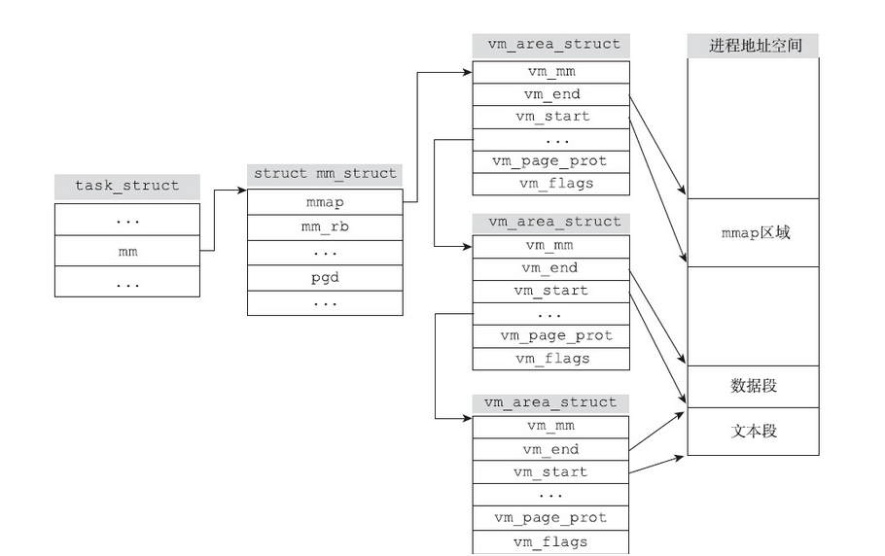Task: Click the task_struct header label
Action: point(127,186)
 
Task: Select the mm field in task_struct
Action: point(127,251)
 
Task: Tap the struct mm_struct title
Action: point(325,174)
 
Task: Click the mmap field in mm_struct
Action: point(325,202)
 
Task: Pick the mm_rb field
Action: point(325,227)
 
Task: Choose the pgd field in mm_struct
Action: point(325,277)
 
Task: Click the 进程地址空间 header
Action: point(753,45)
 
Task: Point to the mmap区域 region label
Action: point(753,232)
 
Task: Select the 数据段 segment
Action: point(753,386)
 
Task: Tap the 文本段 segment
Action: point(753,431)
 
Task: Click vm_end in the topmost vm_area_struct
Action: point(550,94)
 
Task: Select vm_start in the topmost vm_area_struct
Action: point(550,117)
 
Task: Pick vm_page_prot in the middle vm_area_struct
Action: point(550,335)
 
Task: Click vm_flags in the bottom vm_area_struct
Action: point(550,541)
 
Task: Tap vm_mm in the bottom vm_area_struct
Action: point(550,426)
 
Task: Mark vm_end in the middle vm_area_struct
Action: point(550,267)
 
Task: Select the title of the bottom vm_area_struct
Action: point(550,402)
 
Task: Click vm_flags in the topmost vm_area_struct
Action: point(550,183)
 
